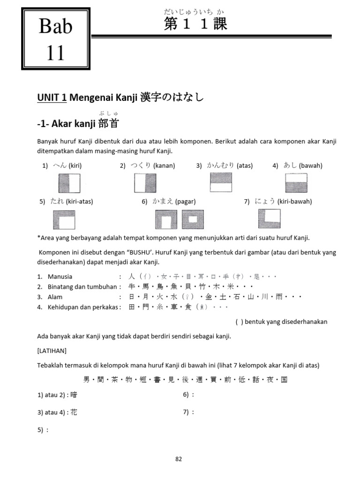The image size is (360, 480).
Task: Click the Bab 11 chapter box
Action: tap(56, 40)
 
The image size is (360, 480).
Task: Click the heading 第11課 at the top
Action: tap(195, 25)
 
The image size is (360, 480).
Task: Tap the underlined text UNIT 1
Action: tap(51, 97)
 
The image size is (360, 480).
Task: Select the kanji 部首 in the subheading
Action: tap(109, 123)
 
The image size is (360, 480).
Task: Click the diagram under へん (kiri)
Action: tap(69, 183)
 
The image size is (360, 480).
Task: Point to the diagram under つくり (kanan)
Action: tap(145, 183)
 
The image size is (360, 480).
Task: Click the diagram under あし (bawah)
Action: tap(296, 182)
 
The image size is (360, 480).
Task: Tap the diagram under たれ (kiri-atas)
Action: tap(64, 219)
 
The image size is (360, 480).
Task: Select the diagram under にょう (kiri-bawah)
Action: tap(270, 218)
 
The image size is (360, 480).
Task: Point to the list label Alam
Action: tap(55, 297)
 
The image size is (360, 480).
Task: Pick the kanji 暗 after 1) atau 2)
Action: tap(74, 395)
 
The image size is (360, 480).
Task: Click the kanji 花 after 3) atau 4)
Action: tap(74, 412)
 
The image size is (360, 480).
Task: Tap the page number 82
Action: tap(178, 459)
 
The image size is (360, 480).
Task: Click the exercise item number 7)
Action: tap(186, 412)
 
